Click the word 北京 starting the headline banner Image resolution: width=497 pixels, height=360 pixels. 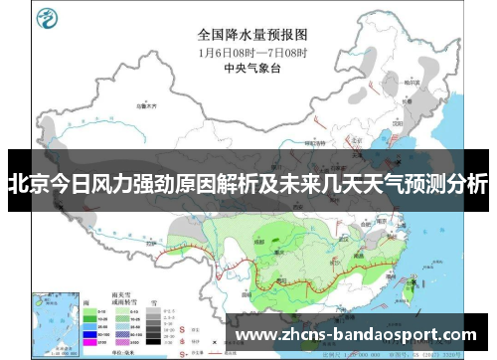pos(26,183)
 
